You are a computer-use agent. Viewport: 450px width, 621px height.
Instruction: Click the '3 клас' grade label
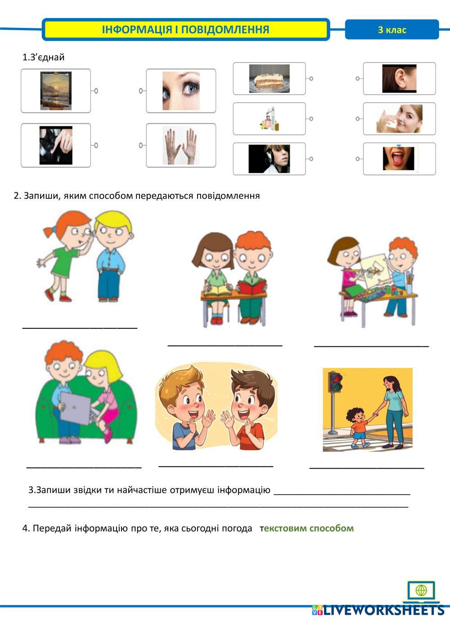click(x=392, y=30)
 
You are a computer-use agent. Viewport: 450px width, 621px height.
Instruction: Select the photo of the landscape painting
click(x=56, y=91)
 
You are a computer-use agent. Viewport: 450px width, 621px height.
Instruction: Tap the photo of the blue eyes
click(x=181, y=91)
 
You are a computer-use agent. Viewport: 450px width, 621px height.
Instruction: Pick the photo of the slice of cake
click(x=269, y=78)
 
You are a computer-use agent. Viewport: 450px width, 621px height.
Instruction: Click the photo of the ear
click(x=399, y=78)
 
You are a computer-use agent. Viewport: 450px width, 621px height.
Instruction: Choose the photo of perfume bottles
click(x=269, y=119)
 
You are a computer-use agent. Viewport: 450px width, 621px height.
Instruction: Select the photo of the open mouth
click(x=398, y=159)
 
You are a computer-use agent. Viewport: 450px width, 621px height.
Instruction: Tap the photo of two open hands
click(x=181, y=145)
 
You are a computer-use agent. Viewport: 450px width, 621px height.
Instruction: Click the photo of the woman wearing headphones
click(x=269, y=159)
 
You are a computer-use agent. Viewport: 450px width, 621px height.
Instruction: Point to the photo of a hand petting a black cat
click(x=56, y=145)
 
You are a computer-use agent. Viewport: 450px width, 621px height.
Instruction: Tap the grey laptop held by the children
click(x=76, y=408)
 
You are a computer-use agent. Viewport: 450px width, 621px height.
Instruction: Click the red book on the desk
click(x=252, y=287)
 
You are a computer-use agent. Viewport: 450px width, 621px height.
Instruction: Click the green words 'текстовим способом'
click(x=306, y=528)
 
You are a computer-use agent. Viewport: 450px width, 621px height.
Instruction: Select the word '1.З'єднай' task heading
click(x=43, y=57)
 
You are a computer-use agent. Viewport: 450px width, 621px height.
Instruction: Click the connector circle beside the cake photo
click(x=311, y=78)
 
